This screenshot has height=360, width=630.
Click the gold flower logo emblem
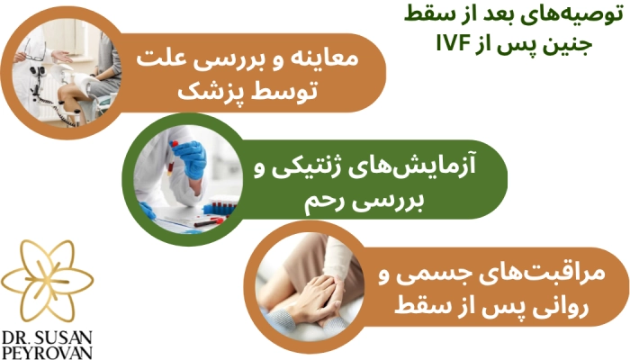[x=53, y=274]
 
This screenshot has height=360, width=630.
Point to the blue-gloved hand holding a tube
[x=189, y=157]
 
